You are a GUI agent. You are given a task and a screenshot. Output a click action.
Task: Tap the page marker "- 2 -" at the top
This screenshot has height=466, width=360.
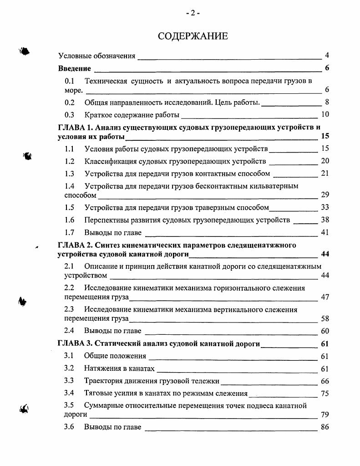point(193,13)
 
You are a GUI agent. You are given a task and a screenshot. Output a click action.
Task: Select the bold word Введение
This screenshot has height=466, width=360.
point(75,69)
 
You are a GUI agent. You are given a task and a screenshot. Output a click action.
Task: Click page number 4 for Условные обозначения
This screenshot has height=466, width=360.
point(327,56)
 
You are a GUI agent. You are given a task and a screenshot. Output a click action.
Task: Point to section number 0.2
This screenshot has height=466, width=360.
point(69,102)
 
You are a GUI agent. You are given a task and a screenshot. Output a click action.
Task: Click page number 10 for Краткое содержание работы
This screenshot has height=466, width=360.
point(325,114)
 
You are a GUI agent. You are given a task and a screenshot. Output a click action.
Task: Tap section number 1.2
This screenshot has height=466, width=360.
point(69,161)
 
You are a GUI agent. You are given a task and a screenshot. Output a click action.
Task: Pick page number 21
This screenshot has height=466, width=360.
point(325,174)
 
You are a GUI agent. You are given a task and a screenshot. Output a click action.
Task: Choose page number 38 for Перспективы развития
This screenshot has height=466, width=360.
point(325,220)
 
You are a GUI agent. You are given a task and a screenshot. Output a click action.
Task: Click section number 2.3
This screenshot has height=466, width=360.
point(69,310)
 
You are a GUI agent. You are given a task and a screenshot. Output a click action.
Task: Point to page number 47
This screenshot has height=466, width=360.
point(325,297)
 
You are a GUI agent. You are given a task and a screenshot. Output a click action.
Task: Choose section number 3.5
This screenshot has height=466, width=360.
point(69,405)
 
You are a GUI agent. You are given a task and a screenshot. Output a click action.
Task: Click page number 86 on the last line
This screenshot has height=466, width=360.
point(325,427)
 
